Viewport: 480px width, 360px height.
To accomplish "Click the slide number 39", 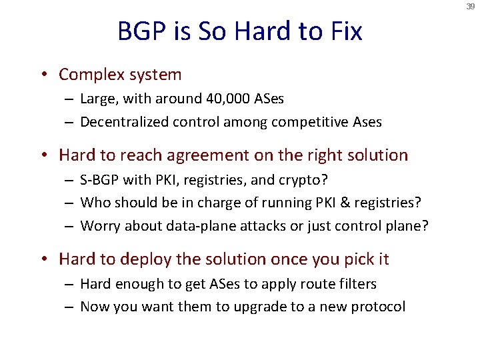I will click(x=471, y=7).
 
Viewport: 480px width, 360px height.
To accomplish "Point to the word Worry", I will click(x=99, y=226).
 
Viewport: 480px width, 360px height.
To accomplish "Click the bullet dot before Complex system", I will click(x=49, y=75).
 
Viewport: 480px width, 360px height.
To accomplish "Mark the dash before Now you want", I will click(x=69, y=307).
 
